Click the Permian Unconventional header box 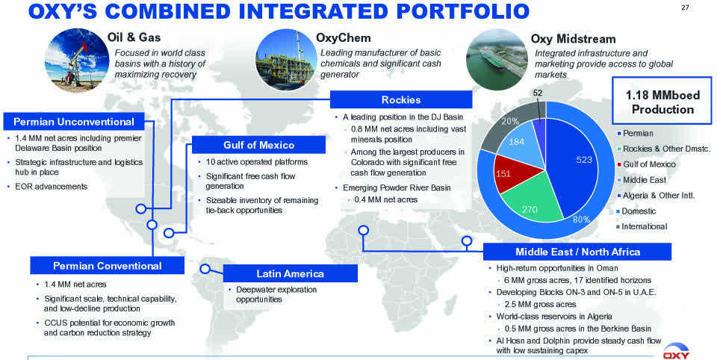click(74, 121)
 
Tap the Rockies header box click(400, 100)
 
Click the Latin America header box click(290, 273)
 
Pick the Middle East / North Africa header click(577, 252)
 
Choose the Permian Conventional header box click(107, 266)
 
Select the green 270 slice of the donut click(530, 207)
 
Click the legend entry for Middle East click(644, 180)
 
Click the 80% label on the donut click(581, 220)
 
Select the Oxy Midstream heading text click(573, 39)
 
